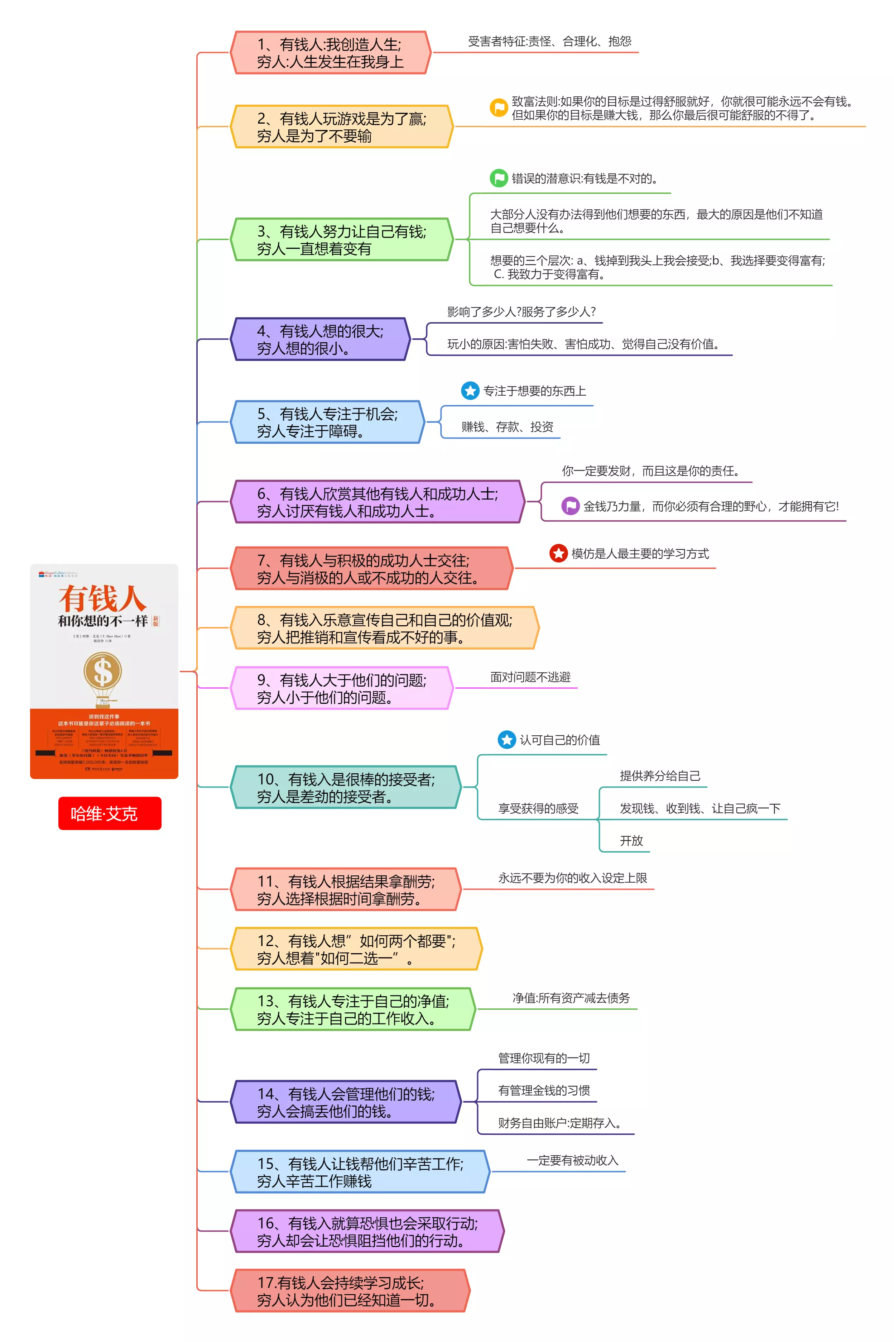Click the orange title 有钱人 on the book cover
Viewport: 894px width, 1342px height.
(103, 598)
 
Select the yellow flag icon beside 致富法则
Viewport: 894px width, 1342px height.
(498, 107)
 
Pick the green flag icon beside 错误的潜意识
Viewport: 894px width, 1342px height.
(498, 178)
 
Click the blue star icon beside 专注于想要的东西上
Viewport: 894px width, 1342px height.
(470, 391)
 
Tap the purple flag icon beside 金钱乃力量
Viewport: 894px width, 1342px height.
(570, 506)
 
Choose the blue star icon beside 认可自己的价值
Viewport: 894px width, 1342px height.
(506, 740)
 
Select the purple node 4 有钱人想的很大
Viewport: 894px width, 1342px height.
(321, 339)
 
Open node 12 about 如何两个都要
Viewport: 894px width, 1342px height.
(356, 949)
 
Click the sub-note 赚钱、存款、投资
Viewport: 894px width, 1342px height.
(507, 427)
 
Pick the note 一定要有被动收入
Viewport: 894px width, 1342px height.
(572, 1160)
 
